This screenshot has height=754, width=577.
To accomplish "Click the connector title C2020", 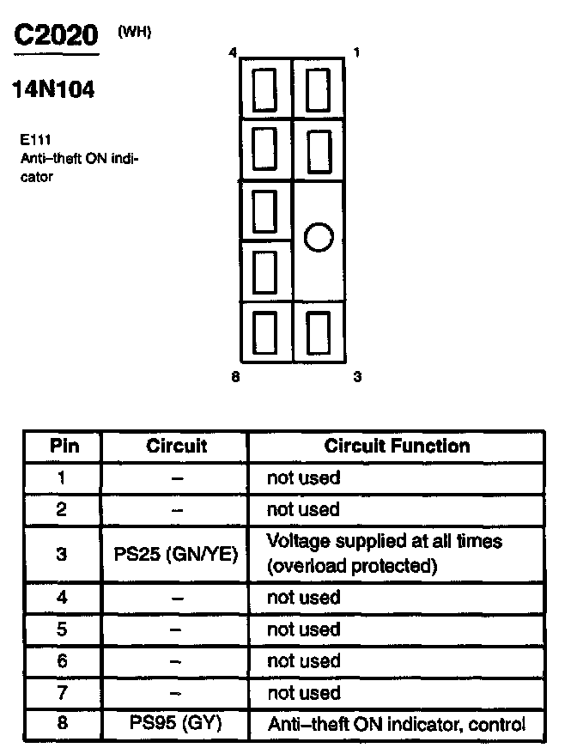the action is (x=57, y=35).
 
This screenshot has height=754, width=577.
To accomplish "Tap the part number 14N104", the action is (x=53, y=89).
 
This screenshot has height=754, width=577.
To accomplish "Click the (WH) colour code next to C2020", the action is (x=135, y=33).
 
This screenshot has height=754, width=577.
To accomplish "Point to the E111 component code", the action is (x=35, y=139).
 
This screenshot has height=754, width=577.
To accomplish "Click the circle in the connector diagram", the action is (x=319, y=237).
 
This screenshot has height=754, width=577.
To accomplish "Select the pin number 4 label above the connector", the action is (x=233, y=52).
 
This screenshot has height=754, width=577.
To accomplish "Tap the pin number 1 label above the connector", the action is (x=356, y=52).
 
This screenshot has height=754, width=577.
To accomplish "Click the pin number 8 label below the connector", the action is (x=235, y=376).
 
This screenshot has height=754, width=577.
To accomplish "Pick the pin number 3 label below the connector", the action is (x=357, y=376).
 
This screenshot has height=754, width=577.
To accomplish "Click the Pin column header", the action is (x=64, y=446).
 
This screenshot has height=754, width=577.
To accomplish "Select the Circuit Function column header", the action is (x=397, y=446).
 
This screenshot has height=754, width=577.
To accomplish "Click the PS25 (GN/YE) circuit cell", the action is (x=175, y=554).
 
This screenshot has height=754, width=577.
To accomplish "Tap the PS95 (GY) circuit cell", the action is (x=175, y=722).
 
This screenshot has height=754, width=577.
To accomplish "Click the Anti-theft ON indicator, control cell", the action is (x=397, y=724).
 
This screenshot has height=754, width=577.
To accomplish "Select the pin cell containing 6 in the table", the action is (x=62, y=660).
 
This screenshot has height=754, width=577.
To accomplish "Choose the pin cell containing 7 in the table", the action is (x=62, y=692).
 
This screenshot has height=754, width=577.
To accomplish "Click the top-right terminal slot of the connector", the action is (x=319, y=90).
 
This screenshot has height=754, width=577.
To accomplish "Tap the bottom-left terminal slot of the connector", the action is (x=264, y=332).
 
